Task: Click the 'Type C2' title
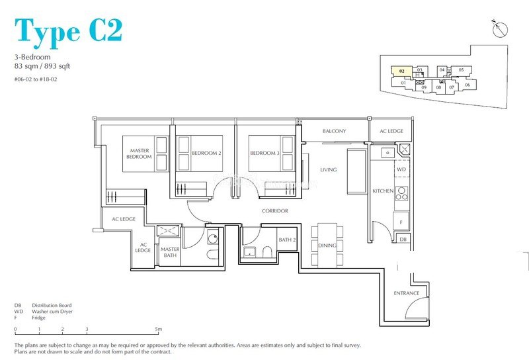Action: click(x=68, y=30)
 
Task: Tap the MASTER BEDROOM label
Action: click(x=139, y=154)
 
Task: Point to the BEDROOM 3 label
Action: click(x=264, y=153)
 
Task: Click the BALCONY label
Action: click(x=334, y=131)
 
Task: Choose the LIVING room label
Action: click(x=328, y=170)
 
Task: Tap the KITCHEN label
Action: click(x=383, y=191)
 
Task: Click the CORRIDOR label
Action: click(x=274, y=210)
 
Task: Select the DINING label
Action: click(x=327, y=246)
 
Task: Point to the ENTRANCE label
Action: click(x=406, y=293)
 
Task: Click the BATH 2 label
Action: click(x=286, y=240)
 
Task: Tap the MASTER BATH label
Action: click(x=170, y=252)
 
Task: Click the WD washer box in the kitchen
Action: click(x=401, y=170)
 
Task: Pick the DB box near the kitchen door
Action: click(x=403, y=239)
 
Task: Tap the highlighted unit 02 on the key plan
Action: click(x=401, y=69)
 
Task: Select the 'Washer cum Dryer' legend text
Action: click(x=50, y=312)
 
